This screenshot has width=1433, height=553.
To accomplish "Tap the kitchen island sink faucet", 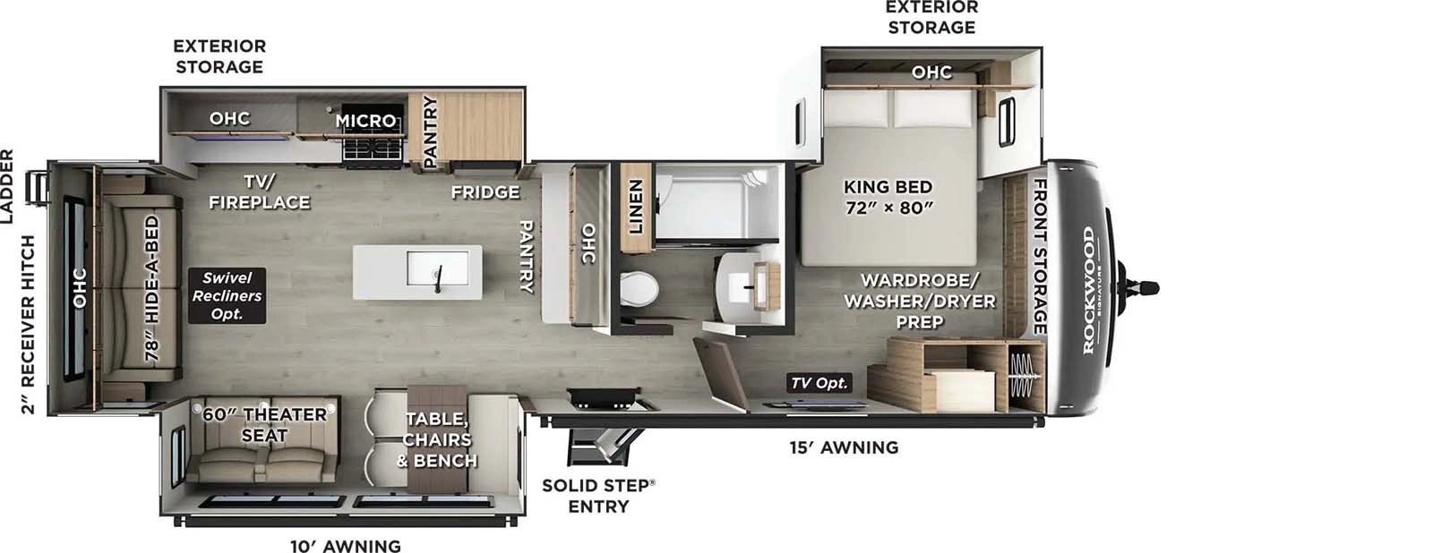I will (438, 278).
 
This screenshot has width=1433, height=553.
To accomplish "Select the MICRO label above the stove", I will (365, 120).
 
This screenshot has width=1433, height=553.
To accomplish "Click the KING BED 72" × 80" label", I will (888, 197).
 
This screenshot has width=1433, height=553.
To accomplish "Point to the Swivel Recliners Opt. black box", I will (227, 296).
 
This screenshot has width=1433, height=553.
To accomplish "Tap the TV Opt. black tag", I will (819, 383).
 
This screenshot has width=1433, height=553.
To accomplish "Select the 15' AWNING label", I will (844, 447).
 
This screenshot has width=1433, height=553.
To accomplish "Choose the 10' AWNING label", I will (345, 546).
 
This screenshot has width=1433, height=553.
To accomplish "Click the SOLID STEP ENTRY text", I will (598, 496).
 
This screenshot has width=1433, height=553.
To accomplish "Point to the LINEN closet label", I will (635, 207).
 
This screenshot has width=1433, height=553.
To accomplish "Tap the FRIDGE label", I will (485, 192).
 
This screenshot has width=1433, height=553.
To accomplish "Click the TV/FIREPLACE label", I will (259, 191).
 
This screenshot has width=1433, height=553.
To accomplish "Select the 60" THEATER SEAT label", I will (264, 425).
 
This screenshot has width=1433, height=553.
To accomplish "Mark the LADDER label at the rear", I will (8, 186).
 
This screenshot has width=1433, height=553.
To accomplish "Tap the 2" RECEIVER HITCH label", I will (29, 324).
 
